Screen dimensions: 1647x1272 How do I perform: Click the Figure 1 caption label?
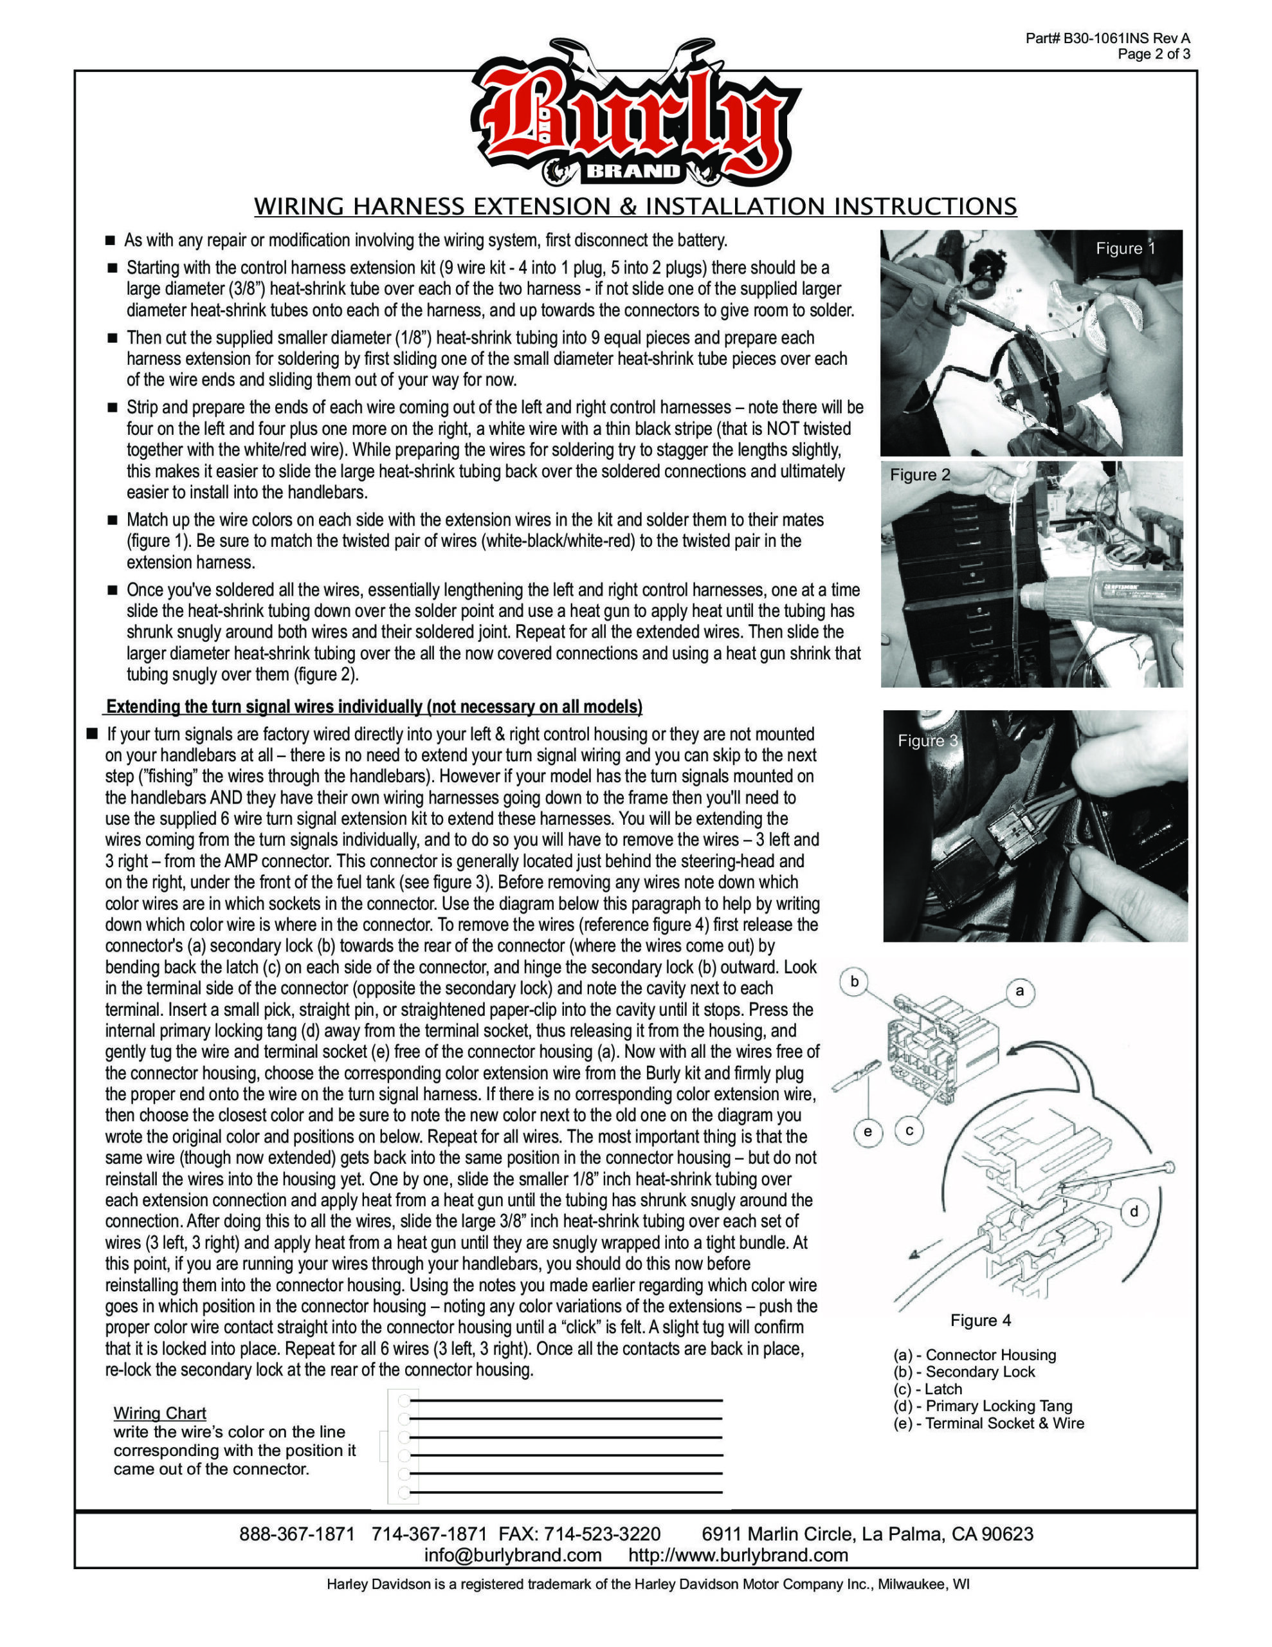(x=1125, y=249)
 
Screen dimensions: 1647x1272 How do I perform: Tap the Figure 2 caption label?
(x=920, y=474)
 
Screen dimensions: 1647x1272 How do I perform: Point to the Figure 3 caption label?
(x=927, y=741)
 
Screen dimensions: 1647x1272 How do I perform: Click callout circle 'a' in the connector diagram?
(x=1020, y=991)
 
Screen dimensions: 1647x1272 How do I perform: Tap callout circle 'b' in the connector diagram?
(x=854, y=981)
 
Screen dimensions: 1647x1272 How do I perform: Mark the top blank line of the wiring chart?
(x=565, y=1401)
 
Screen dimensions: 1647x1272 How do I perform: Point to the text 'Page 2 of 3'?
(x=1154, y=53)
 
